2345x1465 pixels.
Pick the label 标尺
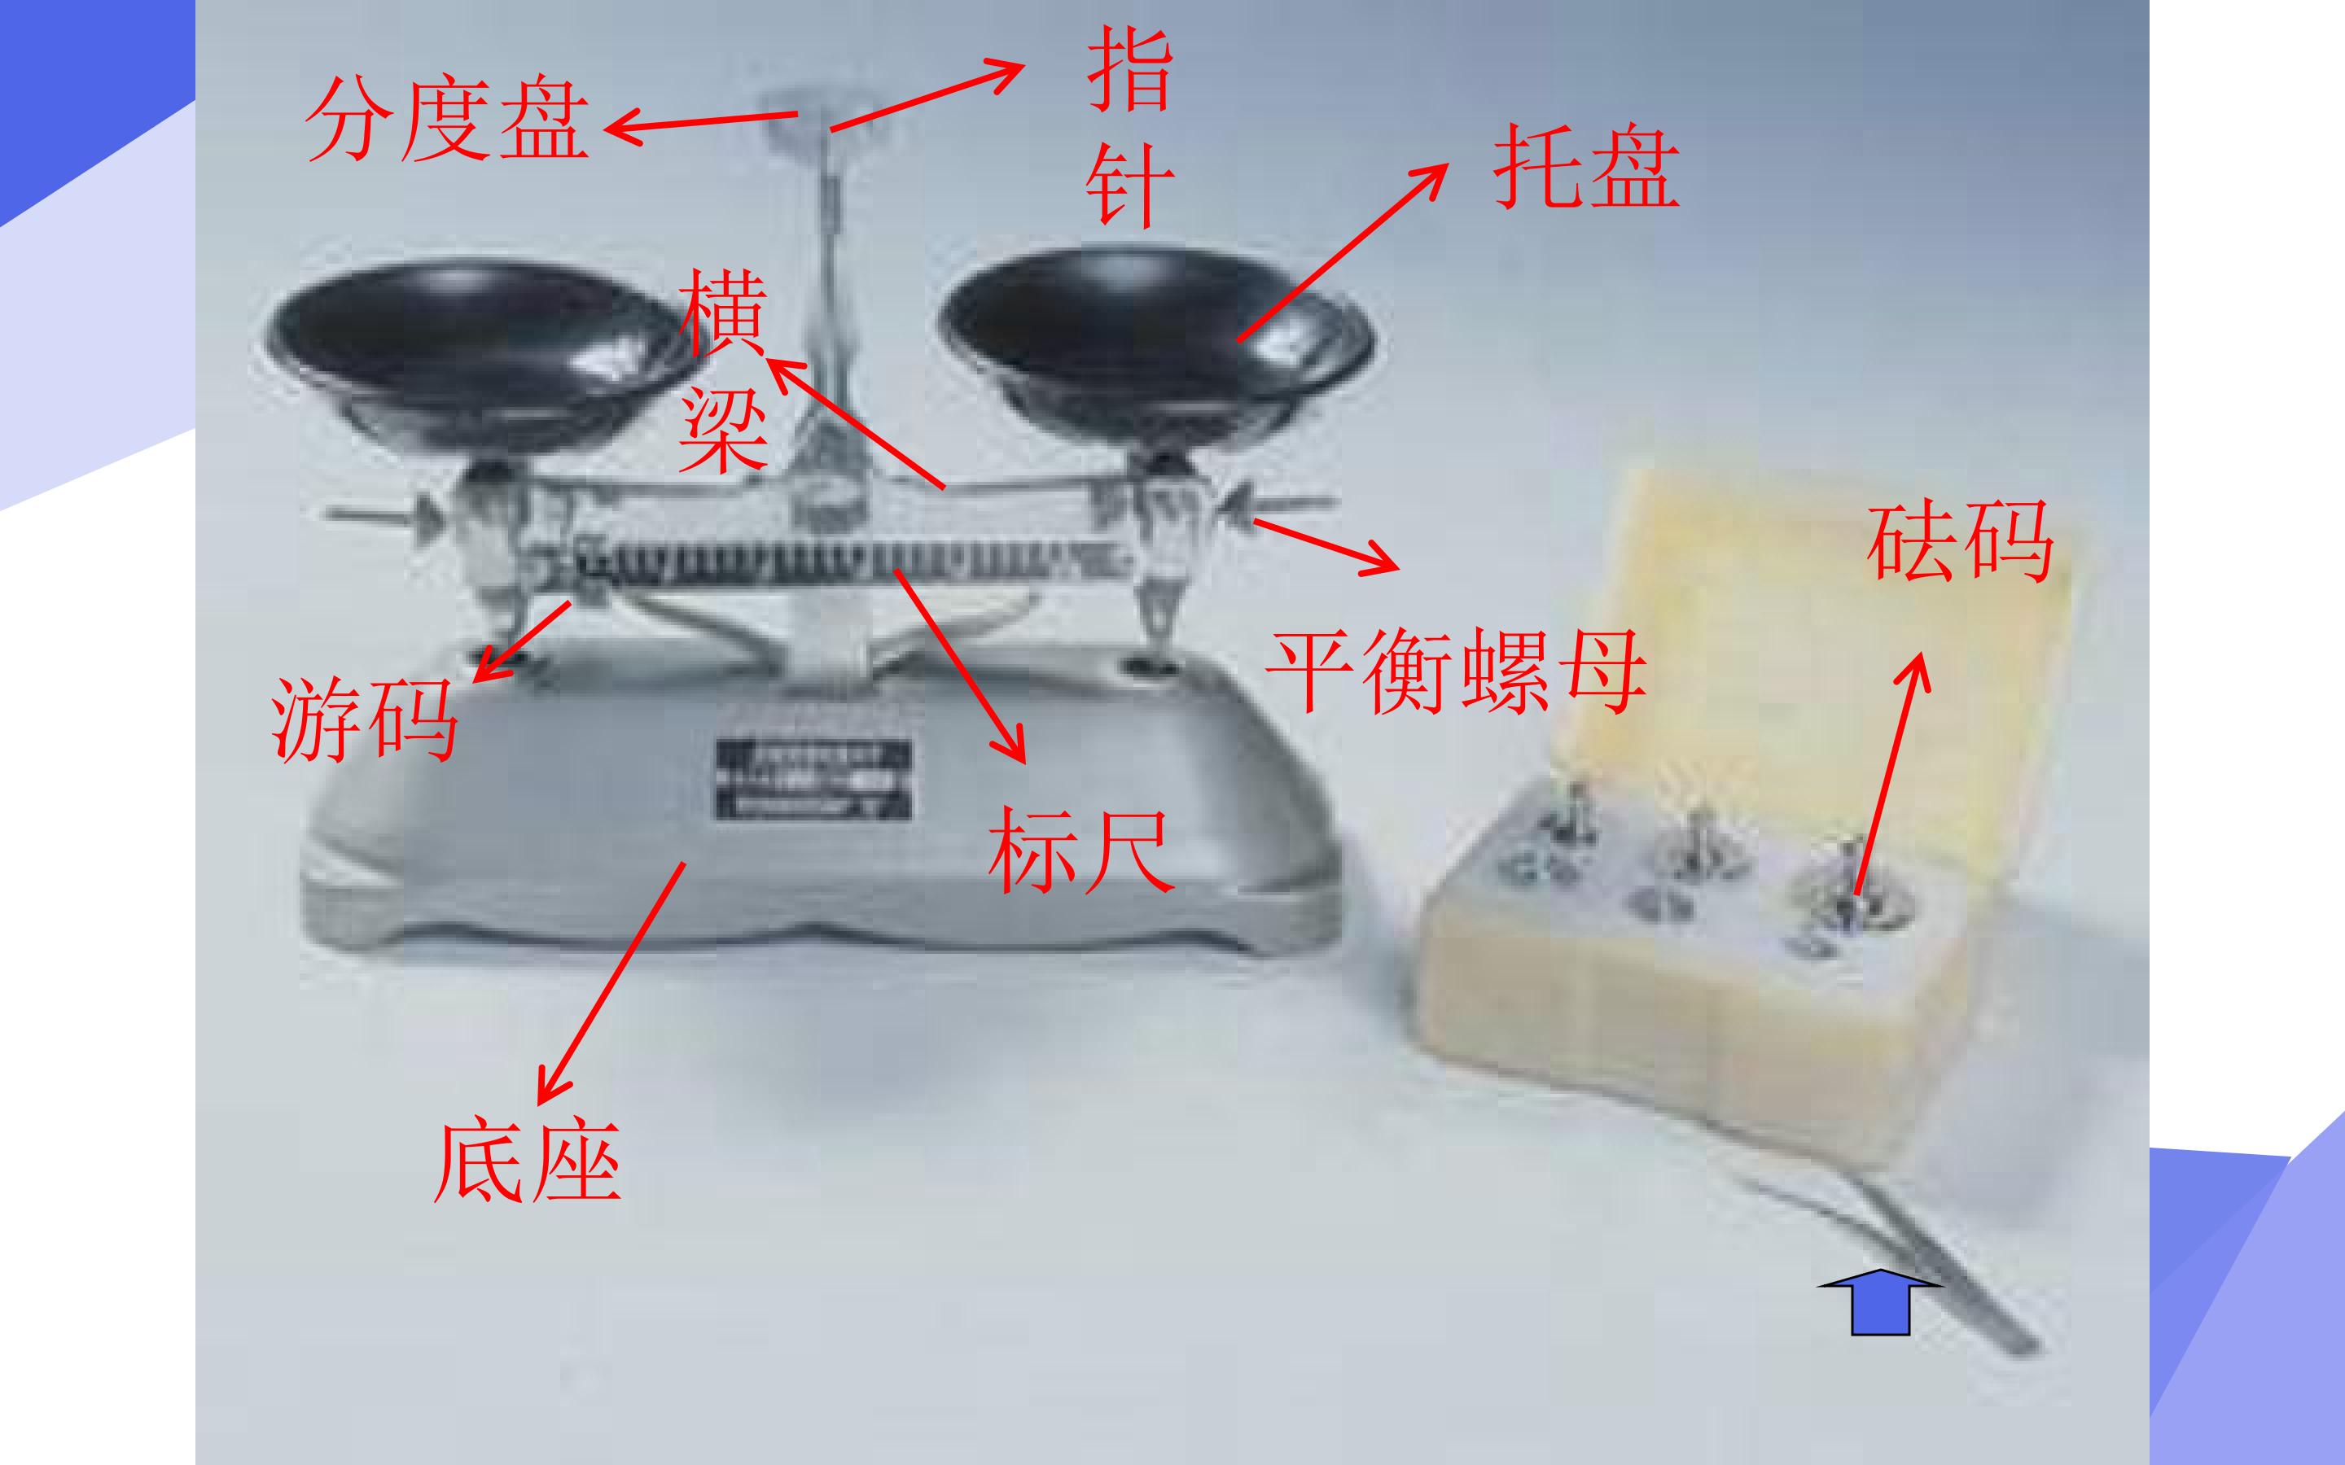[1081, 850]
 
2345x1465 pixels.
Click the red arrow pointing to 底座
[611, 983]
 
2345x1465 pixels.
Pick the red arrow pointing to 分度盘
[700, 122]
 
